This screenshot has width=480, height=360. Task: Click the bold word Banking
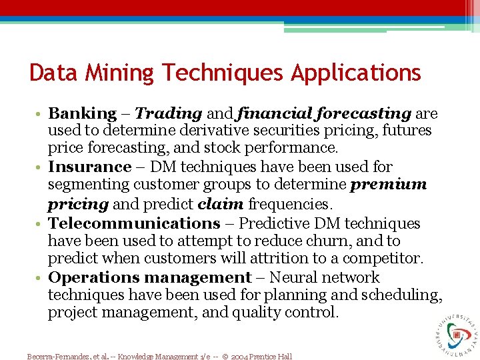[82, 114]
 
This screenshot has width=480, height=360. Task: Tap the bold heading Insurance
[90, 167]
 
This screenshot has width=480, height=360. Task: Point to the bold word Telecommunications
[134, 223]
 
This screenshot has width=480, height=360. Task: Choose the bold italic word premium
[389, 185]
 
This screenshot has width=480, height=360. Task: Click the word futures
[406, 131]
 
